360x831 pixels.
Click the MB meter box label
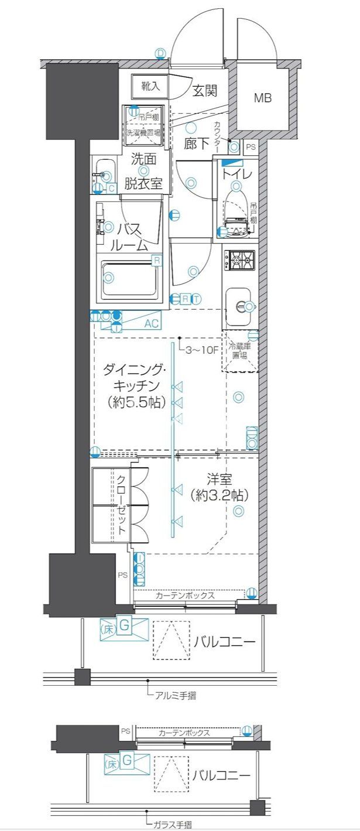[262, 98]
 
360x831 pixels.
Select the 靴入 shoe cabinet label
[150, 86]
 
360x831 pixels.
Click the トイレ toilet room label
[236, 174]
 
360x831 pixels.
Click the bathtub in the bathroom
[131, 279]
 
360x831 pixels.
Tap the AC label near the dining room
[151, 323]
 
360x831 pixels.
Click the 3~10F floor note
[201, 351]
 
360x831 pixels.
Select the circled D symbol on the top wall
[161, 53]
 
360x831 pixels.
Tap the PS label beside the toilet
[250, 147]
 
